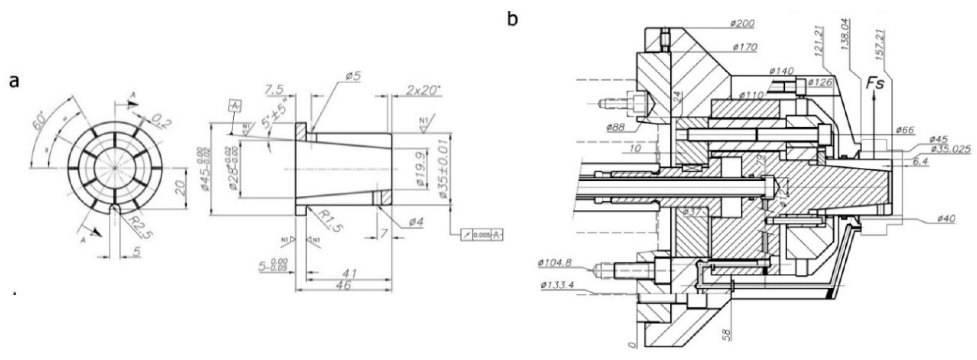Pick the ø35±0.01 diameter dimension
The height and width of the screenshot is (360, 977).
[443, 173]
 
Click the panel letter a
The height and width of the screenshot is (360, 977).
[14, 81]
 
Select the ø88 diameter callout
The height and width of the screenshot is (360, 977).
[618, 127]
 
